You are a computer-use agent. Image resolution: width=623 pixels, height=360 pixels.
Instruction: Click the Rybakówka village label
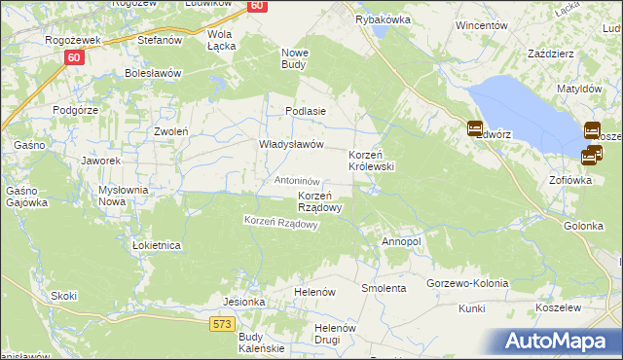pos(384,19)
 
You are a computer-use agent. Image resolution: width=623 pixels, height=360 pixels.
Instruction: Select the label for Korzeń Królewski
pos(371,162)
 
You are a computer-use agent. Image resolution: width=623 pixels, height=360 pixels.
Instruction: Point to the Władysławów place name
pos(290,144)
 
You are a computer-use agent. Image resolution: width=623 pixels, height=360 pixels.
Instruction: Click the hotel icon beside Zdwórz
pos(475,127)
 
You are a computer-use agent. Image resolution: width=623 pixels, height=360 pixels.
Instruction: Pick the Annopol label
pos(401,241)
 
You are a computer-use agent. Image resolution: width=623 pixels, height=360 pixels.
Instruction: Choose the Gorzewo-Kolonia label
pos(467,283)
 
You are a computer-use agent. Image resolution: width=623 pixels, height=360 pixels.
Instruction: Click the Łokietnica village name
pos(157,246)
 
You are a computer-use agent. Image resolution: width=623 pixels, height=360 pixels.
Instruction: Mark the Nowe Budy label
pos(294,58)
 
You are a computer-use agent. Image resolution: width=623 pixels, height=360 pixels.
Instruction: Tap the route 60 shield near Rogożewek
pos(75,57)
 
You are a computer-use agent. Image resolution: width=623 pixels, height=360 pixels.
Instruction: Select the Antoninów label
pos(298,181)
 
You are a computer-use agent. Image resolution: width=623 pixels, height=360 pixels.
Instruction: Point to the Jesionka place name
pos(244,302)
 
